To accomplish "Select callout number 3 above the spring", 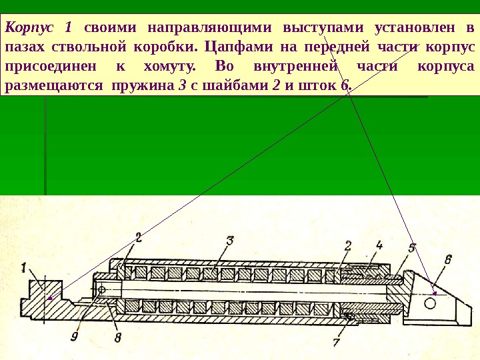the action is click(229, 241).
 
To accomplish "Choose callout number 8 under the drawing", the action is click(117, 338).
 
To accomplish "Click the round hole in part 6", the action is click(429, 303).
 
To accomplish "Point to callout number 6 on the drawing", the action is click(447, 259).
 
